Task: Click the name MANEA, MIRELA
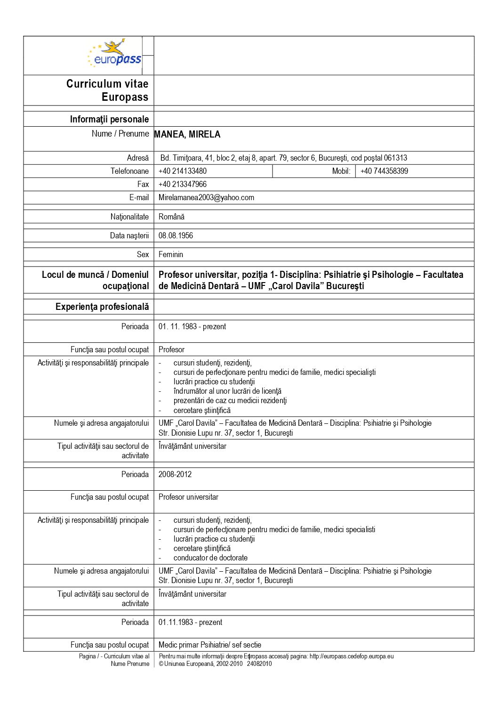(x=187, y=135)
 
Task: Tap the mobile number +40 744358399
(x=384, y=171)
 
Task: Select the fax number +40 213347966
(x=183, y=184)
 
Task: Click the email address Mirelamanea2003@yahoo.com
(x=206, y=197)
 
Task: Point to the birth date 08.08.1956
(x=176, y=235)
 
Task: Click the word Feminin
(x=171, y=254)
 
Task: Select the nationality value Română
(x=171, y=217)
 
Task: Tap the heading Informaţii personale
(x=109, y=119)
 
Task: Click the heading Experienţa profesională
(x=102, y=307)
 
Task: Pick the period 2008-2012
(x=175, y=474)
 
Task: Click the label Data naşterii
(x=129, y=235)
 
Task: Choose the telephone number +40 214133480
(x=183, y=171)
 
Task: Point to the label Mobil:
(x=341, y=171)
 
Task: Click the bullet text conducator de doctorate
(x=210, y=558)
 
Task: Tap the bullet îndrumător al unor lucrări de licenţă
(x=227, y=391)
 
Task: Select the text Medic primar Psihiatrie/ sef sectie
(x=210, y=645)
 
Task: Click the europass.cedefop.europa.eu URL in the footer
(x=352, y=656)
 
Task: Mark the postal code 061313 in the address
(x=395, y=158)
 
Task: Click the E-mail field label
(x=139, y=197)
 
